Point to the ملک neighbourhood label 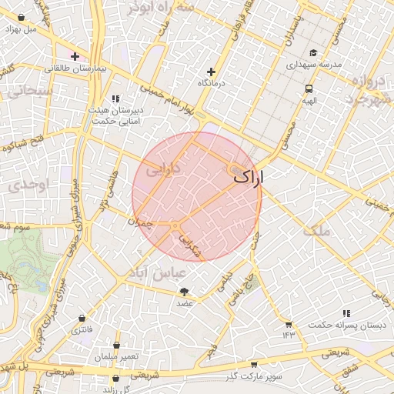[316, 230]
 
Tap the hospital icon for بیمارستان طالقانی [75, 55]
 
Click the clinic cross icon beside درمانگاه [211, 71]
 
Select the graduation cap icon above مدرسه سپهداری [312, 52]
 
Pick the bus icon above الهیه [309, 88]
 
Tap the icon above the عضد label [184, 291]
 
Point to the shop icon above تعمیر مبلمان [115, 345]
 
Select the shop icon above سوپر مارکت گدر [254, 365]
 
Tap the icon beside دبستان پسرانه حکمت [346, 313]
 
